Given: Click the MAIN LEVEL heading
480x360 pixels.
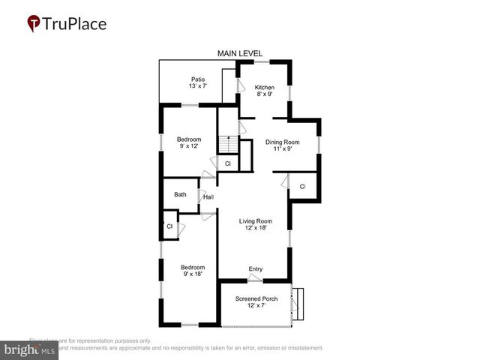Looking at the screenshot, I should pyautogui.click(x=241, y=53).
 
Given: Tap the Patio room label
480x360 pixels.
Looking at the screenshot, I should pyautogui.click(x=197, y=79).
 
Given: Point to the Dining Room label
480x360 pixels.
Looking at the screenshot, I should pyautogui.click(x=283, y=142).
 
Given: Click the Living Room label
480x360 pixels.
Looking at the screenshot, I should pyautogui.click(x=255, y=221).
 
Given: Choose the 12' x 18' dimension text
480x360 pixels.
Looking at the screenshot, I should pyautogui.click(x=255, y=229).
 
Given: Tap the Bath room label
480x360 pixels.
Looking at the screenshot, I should pyautogui.click(x=180, y=194).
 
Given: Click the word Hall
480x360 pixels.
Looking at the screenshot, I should pyautogui.click(x=208, y=197).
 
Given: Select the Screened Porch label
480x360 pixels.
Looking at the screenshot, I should pyautogui.click(x=256, y=298).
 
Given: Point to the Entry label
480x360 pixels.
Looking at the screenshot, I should pyautogui.click(x=256, y=268).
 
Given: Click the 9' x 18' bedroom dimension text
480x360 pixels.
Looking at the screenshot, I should pyautogui.click(x=192, y=274).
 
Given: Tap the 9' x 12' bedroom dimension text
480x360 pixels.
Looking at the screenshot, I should pyautogui.click(x=189, y=147).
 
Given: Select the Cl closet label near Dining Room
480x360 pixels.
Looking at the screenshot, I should pyautogui.click(x=302, y=186).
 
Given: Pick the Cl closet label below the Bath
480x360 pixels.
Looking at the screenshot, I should pyautogui.click(x=169, y=226).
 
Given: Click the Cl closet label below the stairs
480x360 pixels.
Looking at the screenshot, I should pyautogui.click(x=227, y=163).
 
